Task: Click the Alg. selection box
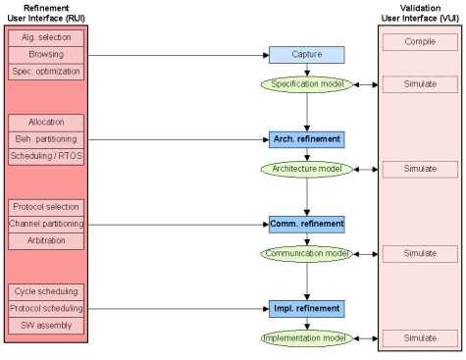(x=46, y=37)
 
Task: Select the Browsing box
(x=46, y=55)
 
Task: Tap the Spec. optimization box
(x=46, y=72)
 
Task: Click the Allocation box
(x=46, y=122)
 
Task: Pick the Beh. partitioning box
(x=46, y=139)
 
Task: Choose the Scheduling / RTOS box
(x=46, y=156)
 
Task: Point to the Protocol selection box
(x=46, y=207)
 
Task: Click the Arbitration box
(x=46, y=241)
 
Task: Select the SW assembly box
(x=46, y=325)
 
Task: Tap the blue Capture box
(x=307, y=55)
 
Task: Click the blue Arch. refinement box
(x=307, y=139)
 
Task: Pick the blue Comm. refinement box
(x=307, y=224)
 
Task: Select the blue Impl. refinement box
(x=307, y=308)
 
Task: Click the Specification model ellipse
(x=307, y=84)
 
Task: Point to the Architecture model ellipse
(x=307, y=169)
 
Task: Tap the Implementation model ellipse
(x=307, y=337)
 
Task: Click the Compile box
(x=420, y=42)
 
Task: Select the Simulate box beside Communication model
(x=420, y=253)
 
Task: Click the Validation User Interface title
(x=419, y=13)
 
